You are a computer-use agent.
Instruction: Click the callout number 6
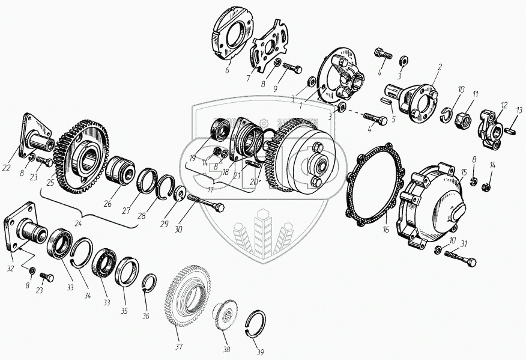[228, 70]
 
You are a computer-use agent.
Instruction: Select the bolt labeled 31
[461, 259]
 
